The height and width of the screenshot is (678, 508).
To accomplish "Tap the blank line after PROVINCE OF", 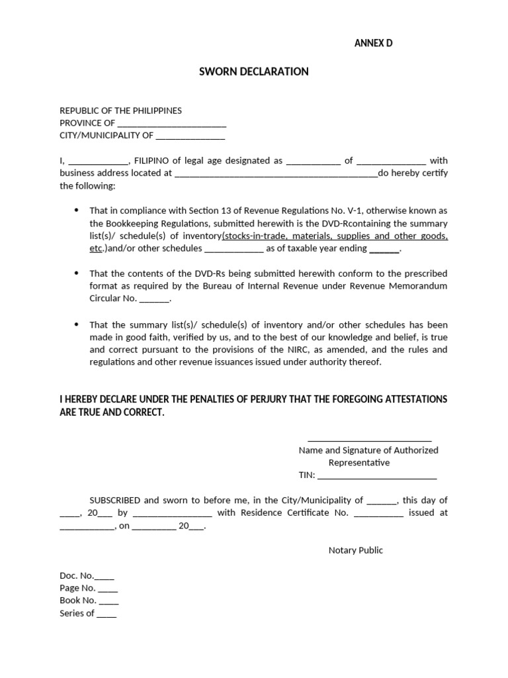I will click(171, 124).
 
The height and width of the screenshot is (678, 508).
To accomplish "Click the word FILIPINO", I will click(153, 161).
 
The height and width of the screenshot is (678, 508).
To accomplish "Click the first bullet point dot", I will click(76, 211).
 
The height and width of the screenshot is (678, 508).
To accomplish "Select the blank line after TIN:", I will click(377, 476).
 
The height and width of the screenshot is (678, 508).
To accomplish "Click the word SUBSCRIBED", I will click(115, 501).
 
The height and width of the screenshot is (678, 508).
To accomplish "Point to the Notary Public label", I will click(355, 550).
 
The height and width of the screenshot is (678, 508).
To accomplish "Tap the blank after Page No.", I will click(108, 589).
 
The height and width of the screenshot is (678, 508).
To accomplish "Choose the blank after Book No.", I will click(108, 602).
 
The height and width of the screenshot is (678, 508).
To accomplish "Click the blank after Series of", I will click(106, 614).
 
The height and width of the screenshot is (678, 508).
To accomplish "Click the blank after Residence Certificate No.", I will click(378, 514).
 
